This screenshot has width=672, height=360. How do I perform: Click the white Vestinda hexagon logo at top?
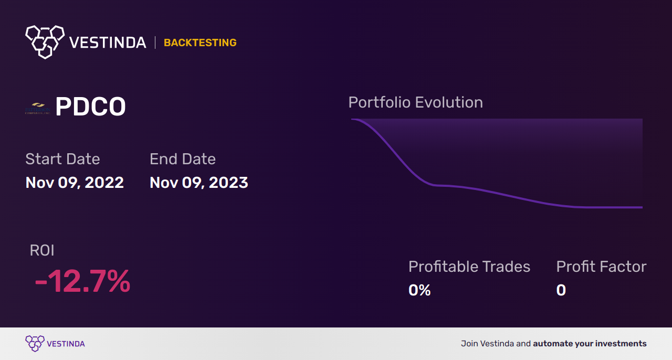[45, 41]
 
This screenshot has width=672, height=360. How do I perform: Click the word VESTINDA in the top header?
[108, 43]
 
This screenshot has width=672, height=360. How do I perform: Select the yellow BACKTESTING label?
[200, 43]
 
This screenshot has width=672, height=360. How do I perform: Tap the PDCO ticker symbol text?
[90, 108]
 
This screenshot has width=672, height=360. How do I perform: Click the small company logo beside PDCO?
[38, 108]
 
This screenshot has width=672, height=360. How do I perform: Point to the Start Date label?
[62, 159]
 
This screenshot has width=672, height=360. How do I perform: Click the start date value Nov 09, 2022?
[75, 183]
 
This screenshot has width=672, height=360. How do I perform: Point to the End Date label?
[183, 159]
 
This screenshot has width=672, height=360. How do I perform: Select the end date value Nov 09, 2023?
[198, 183]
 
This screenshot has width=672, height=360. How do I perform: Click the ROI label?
[42, 250]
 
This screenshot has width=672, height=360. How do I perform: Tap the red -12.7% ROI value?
[82, 281]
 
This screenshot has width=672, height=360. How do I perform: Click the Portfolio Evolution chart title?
[415, 102]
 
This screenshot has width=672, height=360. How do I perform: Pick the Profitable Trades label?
[469, 267]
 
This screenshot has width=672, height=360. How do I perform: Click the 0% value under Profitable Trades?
[419, 290]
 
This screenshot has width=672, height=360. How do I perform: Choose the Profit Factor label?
[601, 267]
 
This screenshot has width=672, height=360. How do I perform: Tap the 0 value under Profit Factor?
[561, 290]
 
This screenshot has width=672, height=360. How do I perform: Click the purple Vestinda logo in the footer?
[35, 344]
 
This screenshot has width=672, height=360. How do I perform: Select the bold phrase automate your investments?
[590, 344]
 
